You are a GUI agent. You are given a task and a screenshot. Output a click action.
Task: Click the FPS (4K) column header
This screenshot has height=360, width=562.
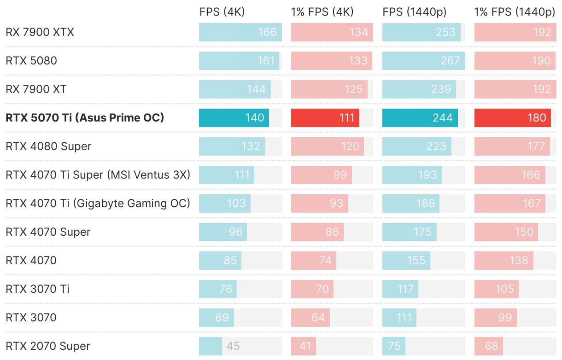(222, 12)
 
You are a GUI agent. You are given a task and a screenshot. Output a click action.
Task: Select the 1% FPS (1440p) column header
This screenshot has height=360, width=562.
(515, 12)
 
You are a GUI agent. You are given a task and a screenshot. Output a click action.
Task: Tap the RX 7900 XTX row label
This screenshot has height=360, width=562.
(40, 32)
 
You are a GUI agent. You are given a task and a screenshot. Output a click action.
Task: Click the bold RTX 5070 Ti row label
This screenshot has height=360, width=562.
(85, 118)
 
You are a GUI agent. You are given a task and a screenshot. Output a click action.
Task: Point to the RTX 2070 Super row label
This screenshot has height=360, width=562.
(48, 346)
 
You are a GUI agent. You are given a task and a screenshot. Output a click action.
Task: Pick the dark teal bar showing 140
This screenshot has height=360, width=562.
(234, 118)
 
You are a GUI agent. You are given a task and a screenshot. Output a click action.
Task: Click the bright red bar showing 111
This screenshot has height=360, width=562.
(325, 118)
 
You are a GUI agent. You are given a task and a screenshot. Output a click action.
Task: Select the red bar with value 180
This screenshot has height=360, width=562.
(513, 118)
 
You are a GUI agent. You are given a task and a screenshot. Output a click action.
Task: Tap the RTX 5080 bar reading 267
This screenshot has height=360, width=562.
(424, 61)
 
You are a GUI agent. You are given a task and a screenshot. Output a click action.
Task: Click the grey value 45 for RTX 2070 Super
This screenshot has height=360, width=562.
(233, 346)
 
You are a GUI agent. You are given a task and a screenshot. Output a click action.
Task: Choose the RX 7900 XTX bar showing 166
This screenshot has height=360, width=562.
(240, 32)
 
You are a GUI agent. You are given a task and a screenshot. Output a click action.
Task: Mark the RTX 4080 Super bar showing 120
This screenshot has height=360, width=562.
(328, 146)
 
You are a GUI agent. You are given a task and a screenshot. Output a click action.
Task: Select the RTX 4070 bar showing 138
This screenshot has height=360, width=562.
(504, 261)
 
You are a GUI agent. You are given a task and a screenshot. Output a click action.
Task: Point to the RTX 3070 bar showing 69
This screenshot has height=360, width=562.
(217, 318)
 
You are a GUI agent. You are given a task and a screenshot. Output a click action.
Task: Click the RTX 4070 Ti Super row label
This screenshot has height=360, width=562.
(98, 175)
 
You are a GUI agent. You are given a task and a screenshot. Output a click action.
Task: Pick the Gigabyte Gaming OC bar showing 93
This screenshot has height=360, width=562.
(320, 203)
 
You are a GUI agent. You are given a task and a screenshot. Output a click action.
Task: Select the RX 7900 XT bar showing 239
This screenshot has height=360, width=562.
(419, 89)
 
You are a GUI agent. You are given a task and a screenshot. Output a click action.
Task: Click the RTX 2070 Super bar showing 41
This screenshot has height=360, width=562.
(304, 346)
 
